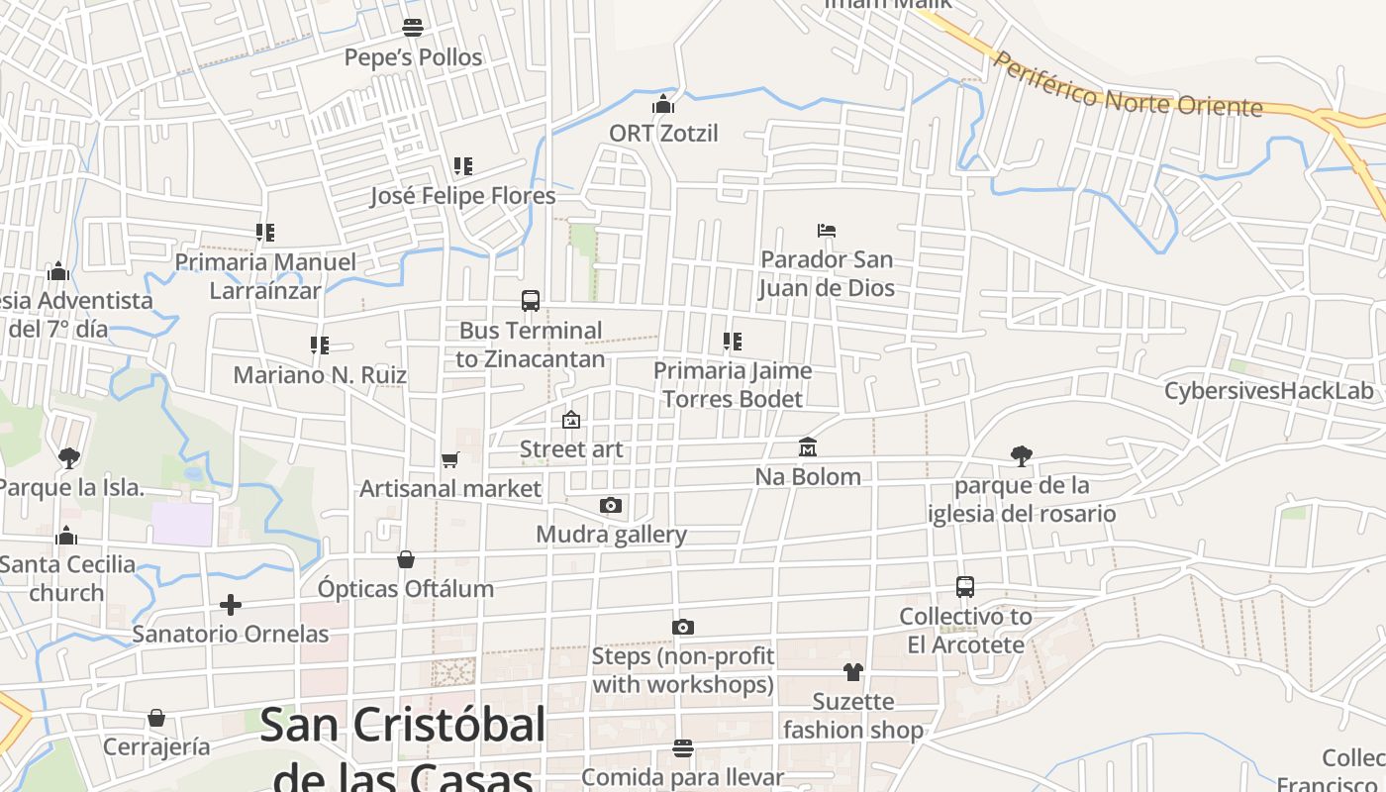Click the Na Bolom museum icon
tap(808, 447)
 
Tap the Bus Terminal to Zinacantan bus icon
tap(531, 301)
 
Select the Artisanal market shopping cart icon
tap(450, 459)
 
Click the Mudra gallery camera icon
tap(611, 506)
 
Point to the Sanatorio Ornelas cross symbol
tap(231, 604)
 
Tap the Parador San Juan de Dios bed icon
tap(827, 231)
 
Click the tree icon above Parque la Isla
tap(68, 457)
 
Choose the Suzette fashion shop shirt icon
tap(853, 672)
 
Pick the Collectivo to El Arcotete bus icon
tap(965, 587)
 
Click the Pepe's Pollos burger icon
tap(413, 28)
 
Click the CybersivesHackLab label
tap(1269, 391)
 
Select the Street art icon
tap(571, 421)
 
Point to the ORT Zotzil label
tap(663, 134)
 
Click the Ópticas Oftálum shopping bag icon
tap(406, 560)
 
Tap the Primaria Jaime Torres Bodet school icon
tap(733, 342)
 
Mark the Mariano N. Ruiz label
tap(320, 376)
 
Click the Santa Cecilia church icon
tap(66, 536)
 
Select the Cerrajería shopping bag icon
tap(156, 718)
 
